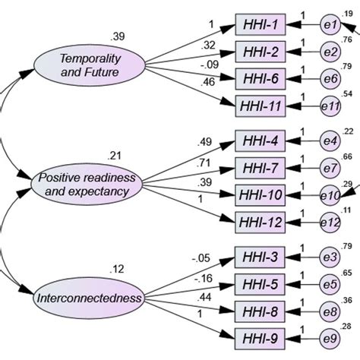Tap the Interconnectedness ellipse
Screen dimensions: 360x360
(89, 298)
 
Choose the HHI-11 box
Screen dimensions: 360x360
(261, 105)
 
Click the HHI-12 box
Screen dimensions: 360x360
(261, 222)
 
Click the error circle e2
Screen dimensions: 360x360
(329, 52)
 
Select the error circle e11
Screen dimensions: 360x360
(330, 106)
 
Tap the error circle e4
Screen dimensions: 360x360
(329, 142)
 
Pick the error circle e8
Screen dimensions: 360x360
(329, 311)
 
